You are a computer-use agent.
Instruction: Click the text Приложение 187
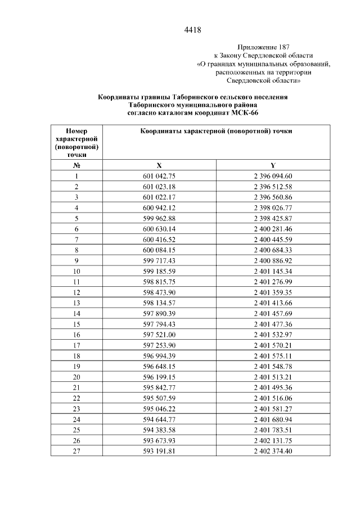pyautogui.click(x=264, y=47)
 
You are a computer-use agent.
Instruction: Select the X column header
pyautogui.click(x=159, y=166)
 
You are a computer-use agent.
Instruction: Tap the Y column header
pyautogui.click(x=273, y=166)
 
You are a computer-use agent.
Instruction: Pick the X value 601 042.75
pyautogui.click(x=159, y=177)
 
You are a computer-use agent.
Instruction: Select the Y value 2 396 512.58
pyautogui.click(x=273, y=187)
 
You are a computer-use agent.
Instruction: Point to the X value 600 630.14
pyautogui.click(x=159, y=229)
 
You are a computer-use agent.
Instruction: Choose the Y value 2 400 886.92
pyautogui.click(x=273, y=260)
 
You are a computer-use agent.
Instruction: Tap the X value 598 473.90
pyautogui.click(x=159, y=292)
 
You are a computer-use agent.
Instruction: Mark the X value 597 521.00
pyautogui.click(x=159, y=335)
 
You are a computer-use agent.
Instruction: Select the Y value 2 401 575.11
pyautogui.click(x=273, y=355)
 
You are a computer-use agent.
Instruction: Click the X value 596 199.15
pyautogui.click(x=159, y=377)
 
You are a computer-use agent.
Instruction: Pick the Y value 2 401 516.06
pyautogui.click(x=273, y=398)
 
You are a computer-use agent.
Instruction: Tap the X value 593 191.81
pyautogui.click(x=159, y=451)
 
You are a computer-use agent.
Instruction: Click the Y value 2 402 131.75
pyautogui.click(x=273, y=440)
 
